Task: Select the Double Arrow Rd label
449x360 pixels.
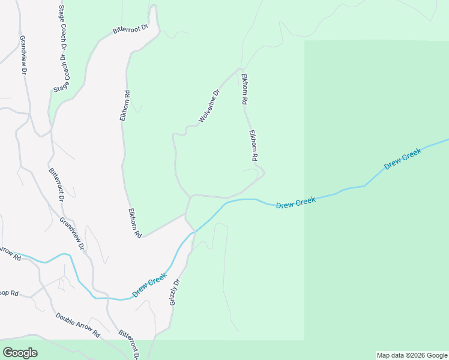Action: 77,325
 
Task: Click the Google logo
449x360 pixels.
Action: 20,353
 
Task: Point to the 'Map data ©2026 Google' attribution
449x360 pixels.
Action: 412,355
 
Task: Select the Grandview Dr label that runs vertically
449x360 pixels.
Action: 23,55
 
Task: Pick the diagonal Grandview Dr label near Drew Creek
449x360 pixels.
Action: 72,233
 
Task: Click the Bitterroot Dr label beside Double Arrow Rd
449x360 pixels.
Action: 128,344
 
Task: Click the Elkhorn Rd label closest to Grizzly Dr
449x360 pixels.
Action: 134,223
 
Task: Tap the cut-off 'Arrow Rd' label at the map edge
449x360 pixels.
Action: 10,254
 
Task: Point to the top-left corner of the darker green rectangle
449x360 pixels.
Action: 305,41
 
